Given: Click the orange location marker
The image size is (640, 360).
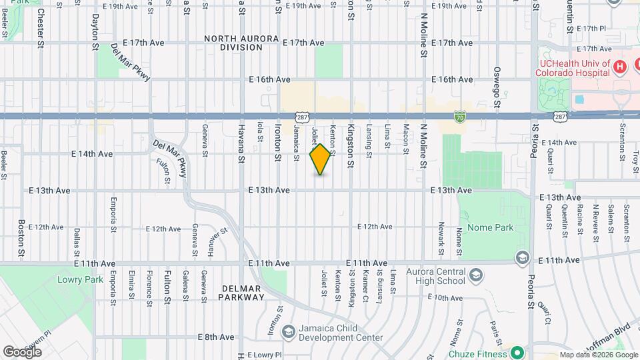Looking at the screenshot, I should (x=321, y=159).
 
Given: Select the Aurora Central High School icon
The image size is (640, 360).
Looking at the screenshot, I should (x=475, y=275).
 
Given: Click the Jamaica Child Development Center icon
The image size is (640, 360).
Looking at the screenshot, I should (x=288, y=331).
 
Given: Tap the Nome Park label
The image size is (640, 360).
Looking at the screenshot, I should (x=490, y=227).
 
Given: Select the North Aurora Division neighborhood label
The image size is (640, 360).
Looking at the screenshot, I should (x=242, y=43).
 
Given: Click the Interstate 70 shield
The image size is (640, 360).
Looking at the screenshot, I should (x=459, y=116).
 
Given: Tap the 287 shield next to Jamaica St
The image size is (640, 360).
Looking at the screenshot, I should (x=303, y=117).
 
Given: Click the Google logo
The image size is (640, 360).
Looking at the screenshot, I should (x=22, y=351).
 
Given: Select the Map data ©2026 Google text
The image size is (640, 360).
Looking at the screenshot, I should (x=597, y=355).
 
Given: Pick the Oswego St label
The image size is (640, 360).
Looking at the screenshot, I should (x=497, y=87).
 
